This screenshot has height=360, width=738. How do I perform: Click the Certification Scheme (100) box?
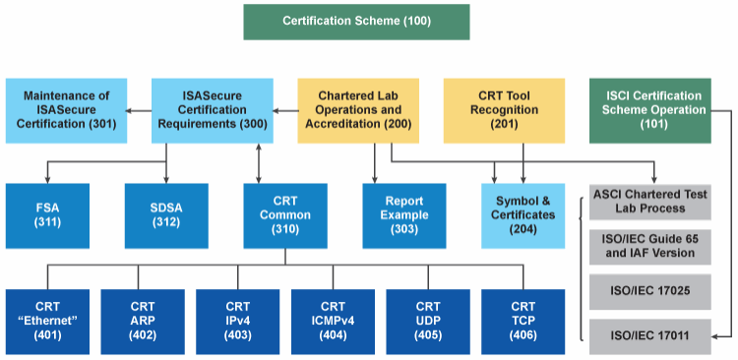point(356,21)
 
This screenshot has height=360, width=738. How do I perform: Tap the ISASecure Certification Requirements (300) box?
point(212,110)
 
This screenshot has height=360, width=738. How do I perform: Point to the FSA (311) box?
point(47,215)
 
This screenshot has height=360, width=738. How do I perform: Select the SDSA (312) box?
point(166,215)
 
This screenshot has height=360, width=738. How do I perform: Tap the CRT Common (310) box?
point(285,215)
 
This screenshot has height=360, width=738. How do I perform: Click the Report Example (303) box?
point(404,215)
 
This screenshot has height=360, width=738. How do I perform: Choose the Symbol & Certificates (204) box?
point(523,215)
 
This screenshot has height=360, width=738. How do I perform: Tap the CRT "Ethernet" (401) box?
point(47,321)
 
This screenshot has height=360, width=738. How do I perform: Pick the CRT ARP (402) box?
point(143,321)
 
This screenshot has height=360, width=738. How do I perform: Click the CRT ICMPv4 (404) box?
point(333,321)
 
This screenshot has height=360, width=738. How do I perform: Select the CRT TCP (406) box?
point(523,321)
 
